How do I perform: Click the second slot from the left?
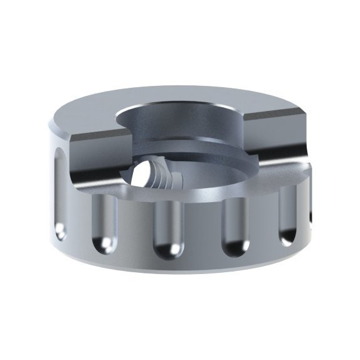(x=103, y=222)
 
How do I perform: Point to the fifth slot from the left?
(x=287, y=216)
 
